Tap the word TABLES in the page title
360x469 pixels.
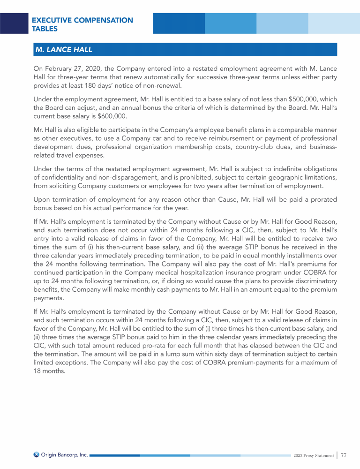[45, 29]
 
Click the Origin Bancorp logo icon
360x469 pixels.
[36, 454]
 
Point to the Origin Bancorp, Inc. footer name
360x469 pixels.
[65, 454]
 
